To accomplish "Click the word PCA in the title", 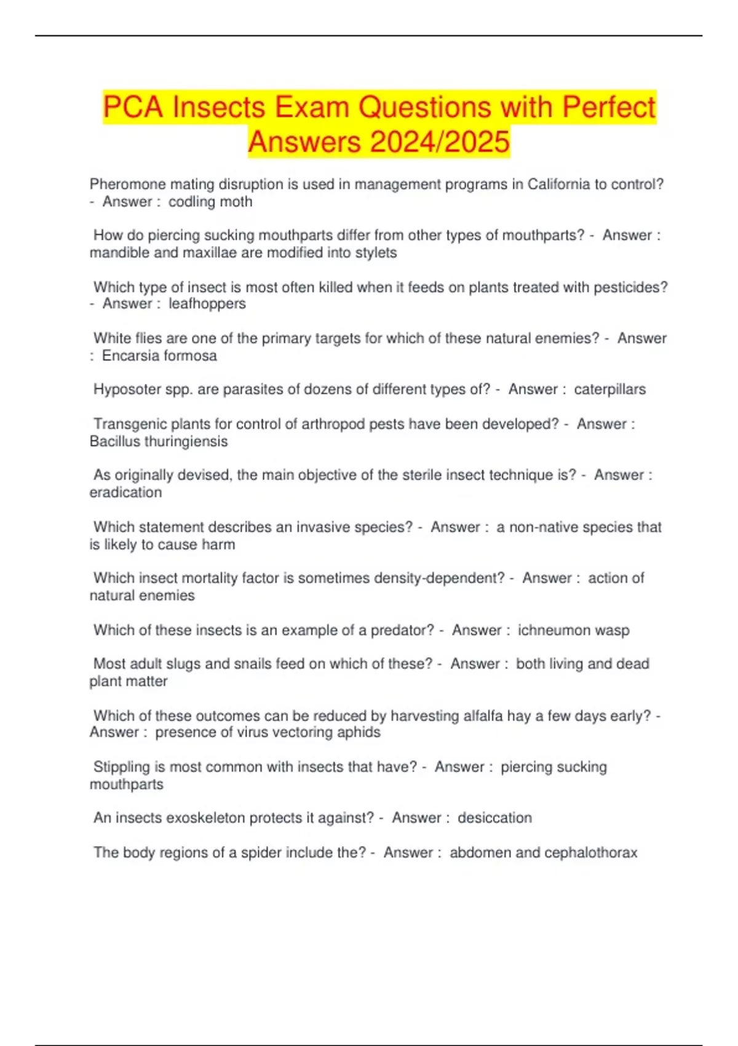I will [x=132, y=107].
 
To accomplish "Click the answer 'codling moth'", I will [x=210, y=202].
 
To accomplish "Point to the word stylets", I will [x=376, y=253].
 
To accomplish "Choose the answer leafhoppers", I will [x=207, y=304].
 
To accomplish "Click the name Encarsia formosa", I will [x=159, y=356].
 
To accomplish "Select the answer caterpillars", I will [x=609, y=389].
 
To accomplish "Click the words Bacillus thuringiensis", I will [x=159, y=442].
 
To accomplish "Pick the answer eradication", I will [x=126, y=493].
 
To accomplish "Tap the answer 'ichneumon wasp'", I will [x=573, y=631].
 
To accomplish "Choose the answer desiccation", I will [x=494, y=818].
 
